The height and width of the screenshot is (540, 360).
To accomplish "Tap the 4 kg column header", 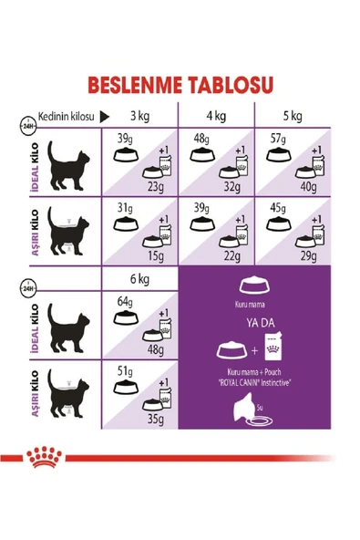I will tap(215, 116).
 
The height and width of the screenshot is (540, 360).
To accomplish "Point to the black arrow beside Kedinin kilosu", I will tap(105, 116).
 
